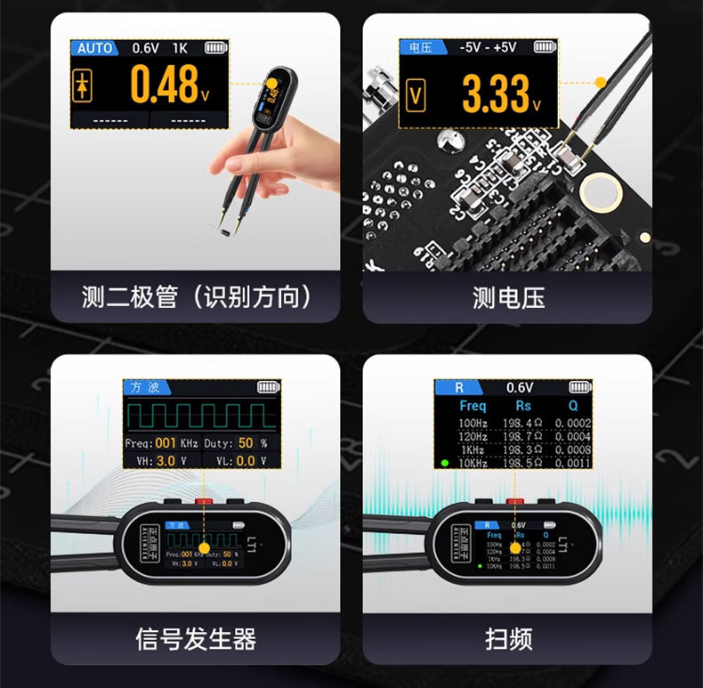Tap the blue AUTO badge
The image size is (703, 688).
click(x=94, y=48)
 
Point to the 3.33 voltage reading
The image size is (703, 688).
click(x=497, y=93)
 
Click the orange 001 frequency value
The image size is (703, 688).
click(x=166, y=442)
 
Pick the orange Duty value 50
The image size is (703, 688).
click(x=246, y=442)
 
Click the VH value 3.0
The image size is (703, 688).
click(x=166, y=461)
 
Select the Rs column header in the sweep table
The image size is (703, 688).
click(x=522, y=406)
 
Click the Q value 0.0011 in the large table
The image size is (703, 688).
click(x=572, y=463)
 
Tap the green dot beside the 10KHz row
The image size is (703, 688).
click(x=443, y=463)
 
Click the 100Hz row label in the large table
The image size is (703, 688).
click(x=473, y=422)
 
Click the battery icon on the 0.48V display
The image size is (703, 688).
click(x=215, y=48)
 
